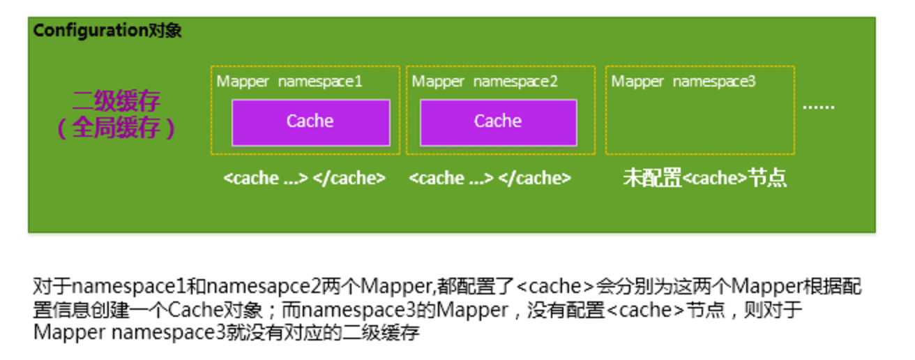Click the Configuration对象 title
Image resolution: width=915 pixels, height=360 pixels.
tap(107, 31)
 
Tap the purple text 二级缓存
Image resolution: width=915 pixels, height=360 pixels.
tap(116, 102)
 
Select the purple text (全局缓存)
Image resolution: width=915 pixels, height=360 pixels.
tap(116, 128)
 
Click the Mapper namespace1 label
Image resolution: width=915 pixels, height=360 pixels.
tap(289, 81)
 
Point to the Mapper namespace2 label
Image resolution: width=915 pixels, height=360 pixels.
tap(485, 81)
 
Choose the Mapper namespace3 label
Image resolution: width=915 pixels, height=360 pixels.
tap(683, 81)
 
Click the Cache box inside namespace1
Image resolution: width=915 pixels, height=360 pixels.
tap(310, 122)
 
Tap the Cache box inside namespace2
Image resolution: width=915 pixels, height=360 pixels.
tap(498, 122)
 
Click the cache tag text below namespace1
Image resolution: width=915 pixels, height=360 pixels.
tap(304, 178)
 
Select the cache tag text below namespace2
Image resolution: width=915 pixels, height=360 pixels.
tap(490, 178)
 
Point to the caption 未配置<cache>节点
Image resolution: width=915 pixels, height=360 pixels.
tap(704, 178)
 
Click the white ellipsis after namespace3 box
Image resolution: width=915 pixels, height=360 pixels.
tap(818, 107)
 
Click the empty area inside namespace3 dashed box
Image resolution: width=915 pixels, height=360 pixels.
tap(700, 122)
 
